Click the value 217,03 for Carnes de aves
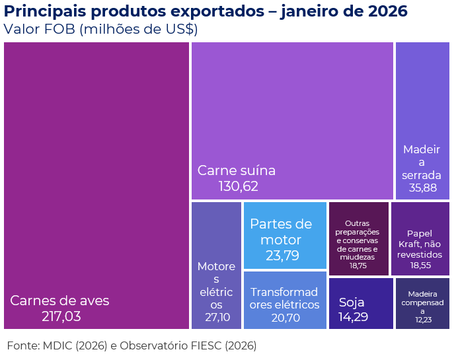point(61,317)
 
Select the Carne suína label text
point(236,170)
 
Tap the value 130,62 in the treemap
point(238,187)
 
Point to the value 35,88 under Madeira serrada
point(422,188)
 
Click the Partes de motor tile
point(285,235)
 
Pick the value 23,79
point(282,256)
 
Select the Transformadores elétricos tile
point(285,299)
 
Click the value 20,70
point(286,318)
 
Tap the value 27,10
point(216,318)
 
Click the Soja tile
point(360,303)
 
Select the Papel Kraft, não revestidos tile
point(420,238)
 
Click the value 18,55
point(420,265)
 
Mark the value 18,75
point(358,266)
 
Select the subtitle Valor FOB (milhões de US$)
point(100,30)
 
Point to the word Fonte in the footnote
point(21,345)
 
